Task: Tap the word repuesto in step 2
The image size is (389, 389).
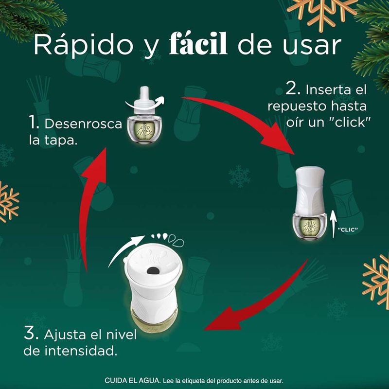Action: (x=297, y=107)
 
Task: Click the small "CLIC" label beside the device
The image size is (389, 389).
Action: (x=348, y=230)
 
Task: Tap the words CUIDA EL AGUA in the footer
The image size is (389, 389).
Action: (x=133, y=381)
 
